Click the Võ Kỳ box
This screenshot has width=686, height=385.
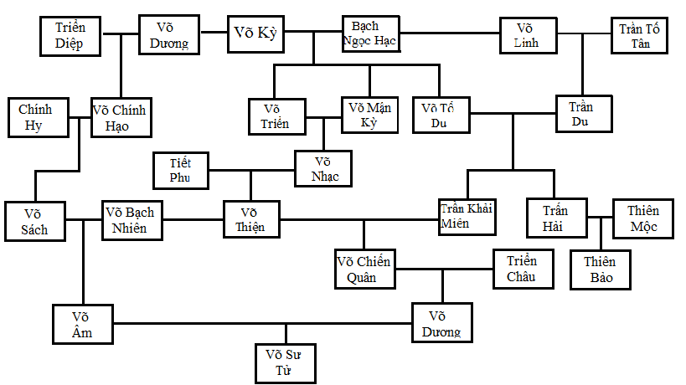point(257,33)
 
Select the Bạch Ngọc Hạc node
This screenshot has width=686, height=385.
point(369,34)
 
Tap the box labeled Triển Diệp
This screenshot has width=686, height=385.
point(70,34)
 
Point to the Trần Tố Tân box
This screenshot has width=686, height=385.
point(640,35)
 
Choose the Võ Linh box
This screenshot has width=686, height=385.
point(528,34)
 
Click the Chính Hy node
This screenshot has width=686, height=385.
point(35,118)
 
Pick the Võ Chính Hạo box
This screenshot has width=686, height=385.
point(122,117)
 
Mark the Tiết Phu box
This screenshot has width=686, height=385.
point(179,169)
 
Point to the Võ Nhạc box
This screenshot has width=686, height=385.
point(322,167)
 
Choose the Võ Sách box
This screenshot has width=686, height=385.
point(35,221)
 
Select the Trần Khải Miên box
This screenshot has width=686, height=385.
point(467,216)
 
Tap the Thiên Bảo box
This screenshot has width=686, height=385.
point(599,269)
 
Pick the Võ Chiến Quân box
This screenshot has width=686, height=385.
point(363,269)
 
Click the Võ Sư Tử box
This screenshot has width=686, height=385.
point(285,362)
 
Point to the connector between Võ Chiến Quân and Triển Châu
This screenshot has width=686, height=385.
point(443,269)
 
